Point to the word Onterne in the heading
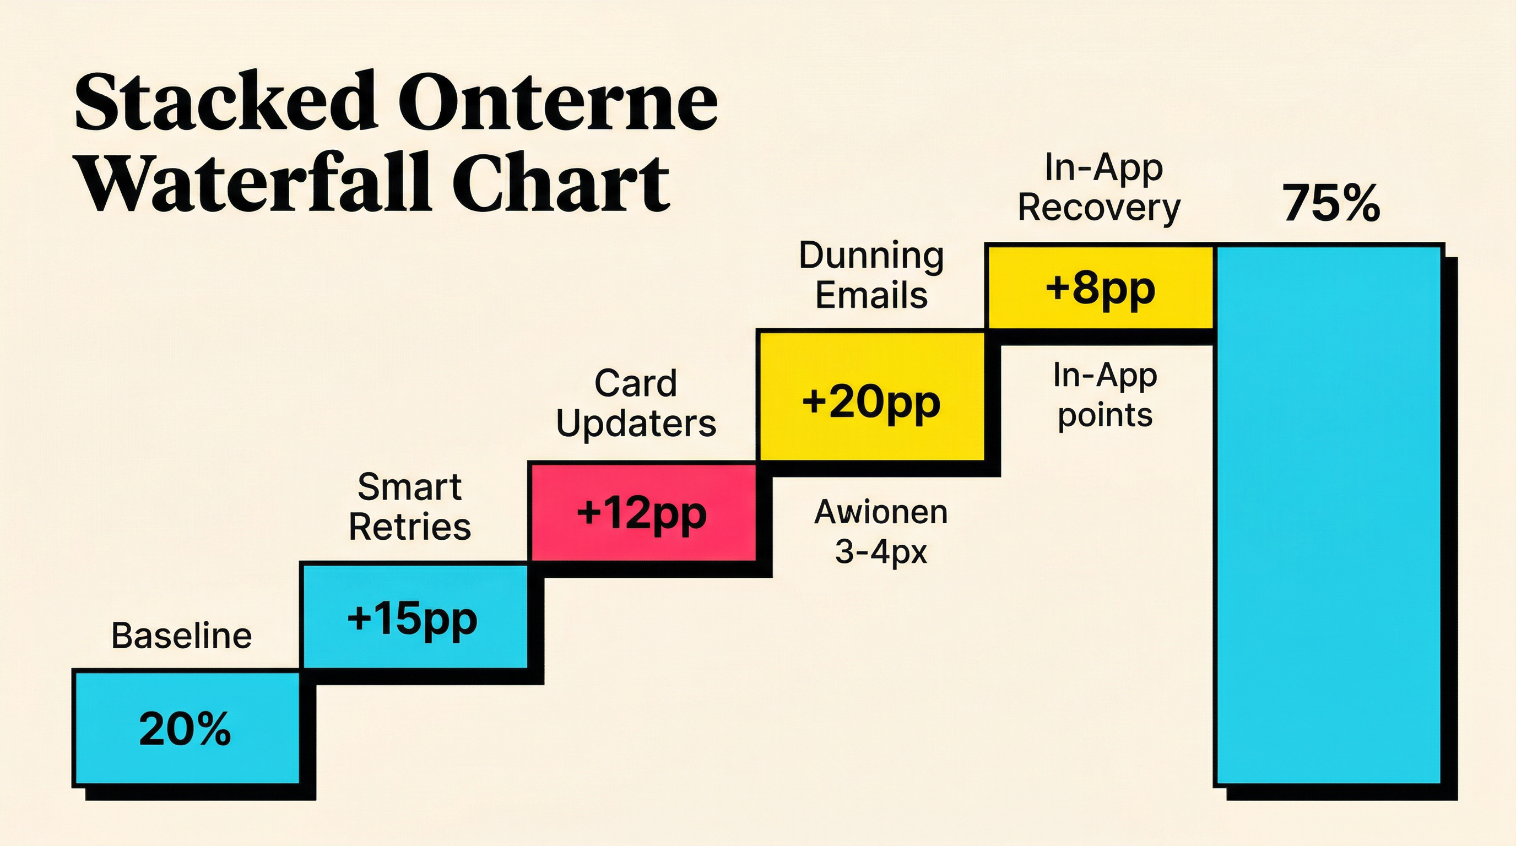pos(561,101)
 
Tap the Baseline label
pos(181,637)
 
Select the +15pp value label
pos(412,619)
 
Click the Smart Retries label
pos(410,507)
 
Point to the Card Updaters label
pos(636,404)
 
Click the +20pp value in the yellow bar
pos(871,403)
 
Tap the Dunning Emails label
pos(871,275)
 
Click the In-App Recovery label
pos(1100,188)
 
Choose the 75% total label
pos(1331,204)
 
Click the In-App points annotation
pos(1104,395)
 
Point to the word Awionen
pos(880,512)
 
